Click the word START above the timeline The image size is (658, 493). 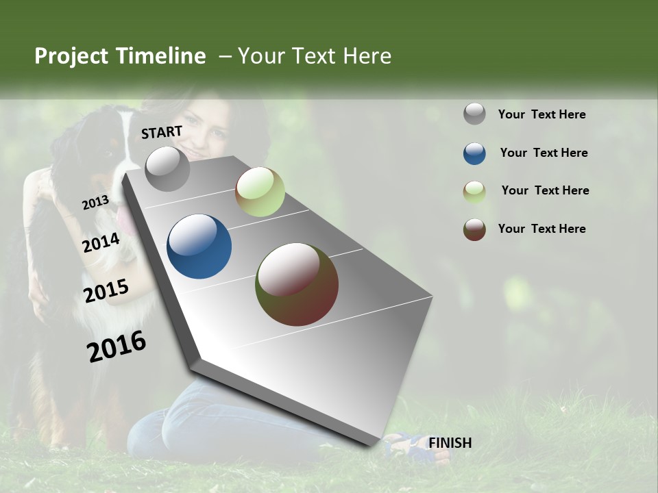(x=162, y=132)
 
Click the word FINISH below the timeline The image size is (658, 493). (x=450, y=443)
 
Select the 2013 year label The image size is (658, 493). (x=95, y=203)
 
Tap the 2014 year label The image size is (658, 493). (x=101, y=242)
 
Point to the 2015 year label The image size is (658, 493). (x=106, y=291)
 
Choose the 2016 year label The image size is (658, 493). (x=117, y=346)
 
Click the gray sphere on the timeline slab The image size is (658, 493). (x=168, y=168)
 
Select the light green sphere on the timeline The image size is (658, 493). (x=260, y=192)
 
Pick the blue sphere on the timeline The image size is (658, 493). (x=199, y=246)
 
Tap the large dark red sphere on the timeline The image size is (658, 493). (x=297, y=284)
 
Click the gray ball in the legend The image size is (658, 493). (x=474, y=114)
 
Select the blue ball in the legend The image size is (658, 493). (x=474, y=153)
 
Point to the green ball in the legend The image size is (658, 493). (x=474, y=192)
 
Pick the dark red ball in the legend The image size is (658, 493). (x=474, y=229)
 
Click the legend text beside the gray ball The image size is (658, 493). (x=541, y=115)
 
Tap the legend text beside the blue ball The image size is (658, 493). (x=544, y=153)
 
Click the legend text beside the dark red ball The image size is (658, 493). (x=541, y=229)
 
